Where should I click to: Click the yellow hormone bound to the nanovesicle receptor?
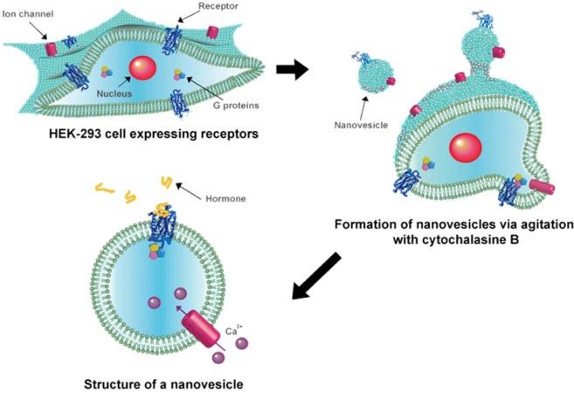pos(162,209)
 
